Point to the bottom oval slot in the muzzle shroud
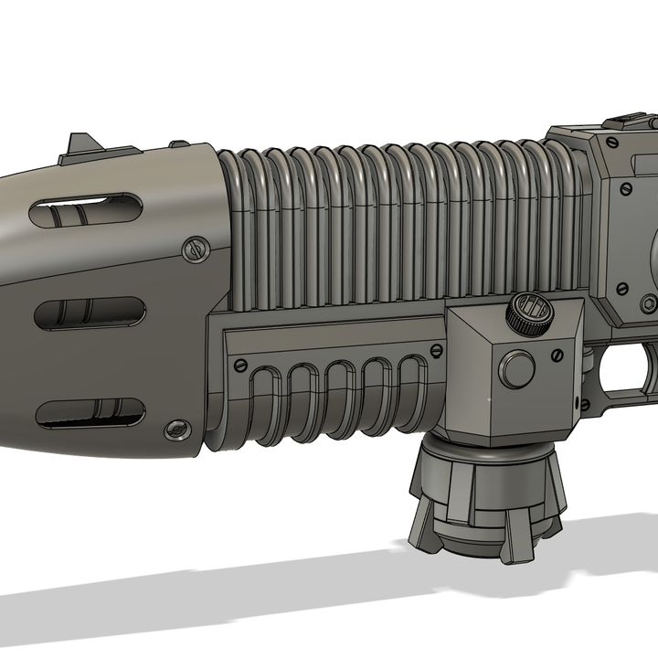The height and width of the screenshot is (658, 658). pyautogui.click(x=90, y=413)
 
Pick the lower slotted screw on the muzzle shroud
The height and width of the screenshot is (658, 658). pyautogui.click(x=175, y=427)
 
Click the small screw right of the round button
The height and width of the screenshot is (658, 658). pyautogui.click(x=557, y=357)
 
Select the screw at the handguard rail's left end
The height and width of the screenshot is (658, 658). pyautogui.click(x=241, y=364)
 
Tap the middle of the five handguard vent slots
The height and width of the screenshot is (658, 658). pyautogui.click(x=337, y=391)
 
